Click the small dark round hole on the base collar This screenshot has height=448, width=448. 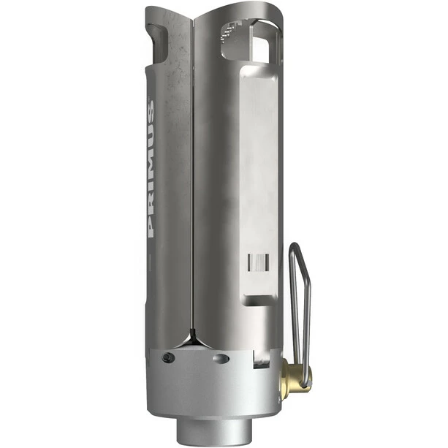(169, 357)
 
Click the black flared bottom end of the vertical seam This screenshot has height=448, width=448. (193, 338)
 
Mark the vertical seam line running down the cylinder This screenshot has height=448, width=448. (193, 183)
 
